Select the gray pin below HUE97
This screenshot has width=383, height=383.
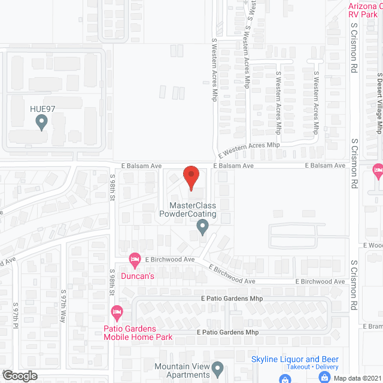pyautogui.click(x=42, y=123)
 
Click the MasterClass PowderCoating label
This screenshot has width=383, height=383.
pyautogui.click(x=187, y=209)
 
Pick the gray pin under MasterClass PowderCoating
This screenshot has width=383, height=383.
pyautogui.click(x=202, y=227)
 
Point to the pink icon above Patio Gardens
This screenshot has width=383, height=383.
pyautogui.click(x=117, y=312)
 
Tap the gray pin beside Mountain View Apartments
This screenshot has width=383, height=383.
pyautogui.click(x=218, y=367)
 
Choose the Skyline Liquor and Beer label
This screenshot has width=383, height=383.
pyautogui.click(x=295, y=359)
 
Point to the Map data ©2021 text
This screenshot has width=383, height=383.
pyautogui.click(x=357, y=378)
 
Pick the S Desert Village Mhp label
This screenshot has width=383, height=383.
pyautogui.click(x=379, y=104)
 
